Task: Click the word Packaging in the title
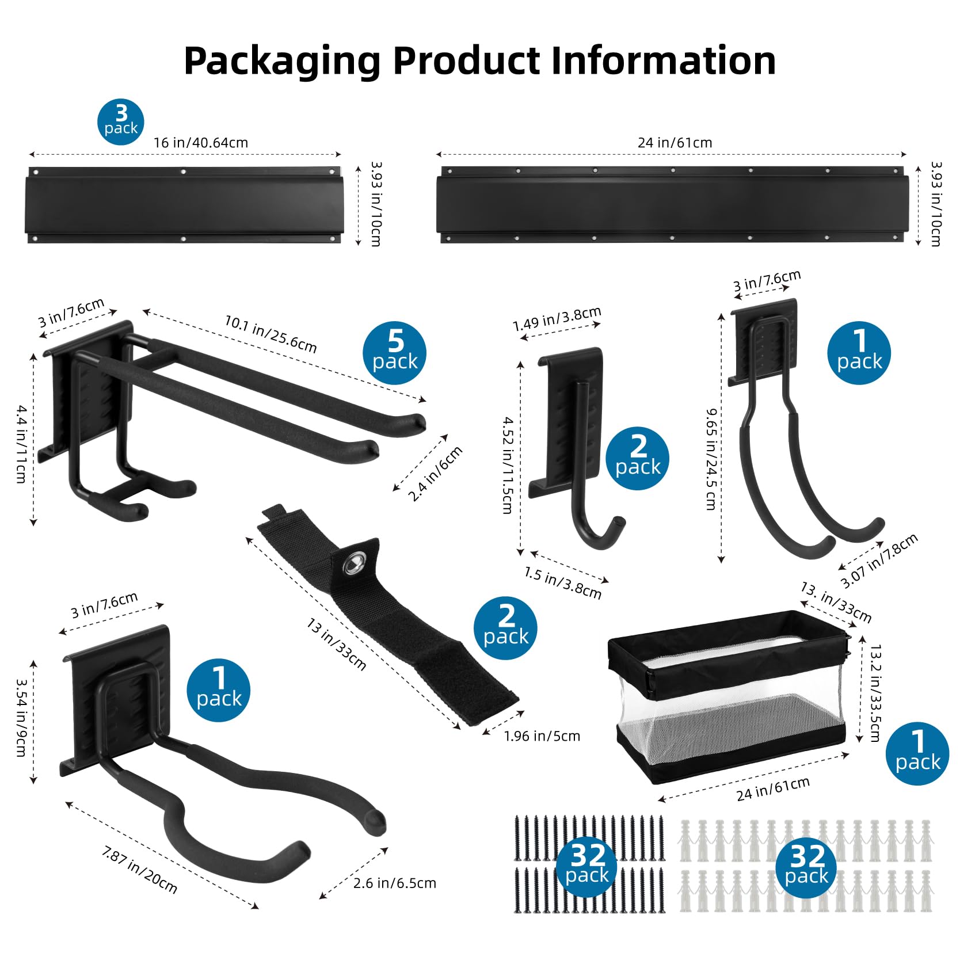coord(282,61)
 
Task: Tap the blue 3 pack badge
coord(120,121)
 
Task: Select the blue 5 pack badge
coord(395,352)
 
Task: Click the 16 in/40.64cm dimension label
coord(201,143)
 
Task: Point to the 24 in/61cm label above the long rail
coord(675,143)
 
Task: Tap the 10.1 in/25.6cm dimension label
coord(271,334)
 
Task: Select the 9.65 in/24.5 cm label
coord(712,459)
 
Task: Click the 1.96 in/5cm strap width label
coord(542,736)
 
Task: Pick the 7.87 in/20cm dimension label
coord(140,869)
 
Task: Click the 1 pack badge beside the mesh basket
coord(917,753)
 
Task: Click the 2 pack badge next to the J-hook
coord(638,458)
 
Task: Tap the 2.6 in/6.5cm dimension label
coord(395,883)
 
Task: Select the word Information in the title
coord(664,61)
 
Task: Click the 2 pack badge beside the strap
coord(505,627)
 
